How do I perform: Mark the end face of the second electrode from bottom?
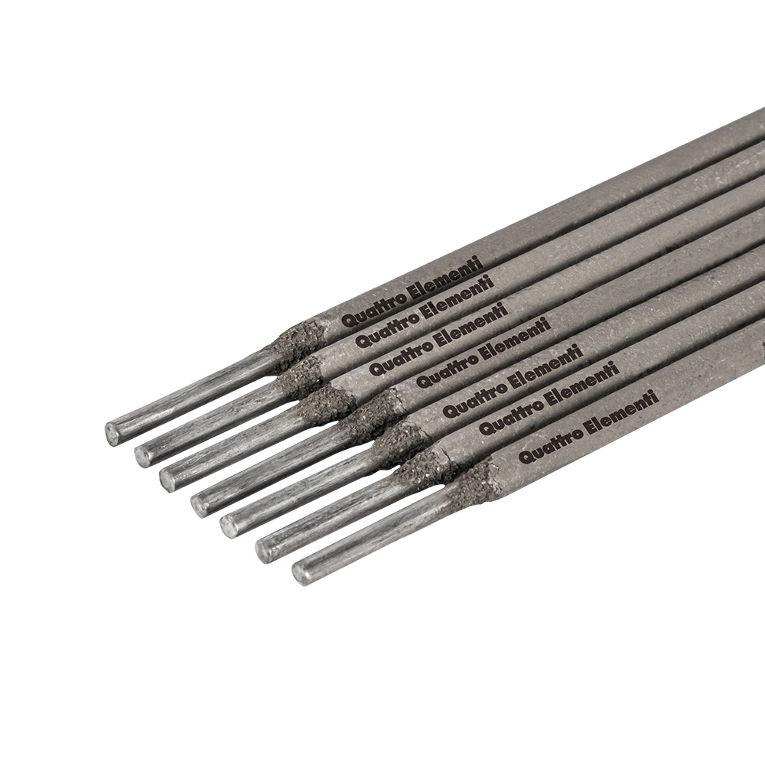(x=265, y=552)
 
